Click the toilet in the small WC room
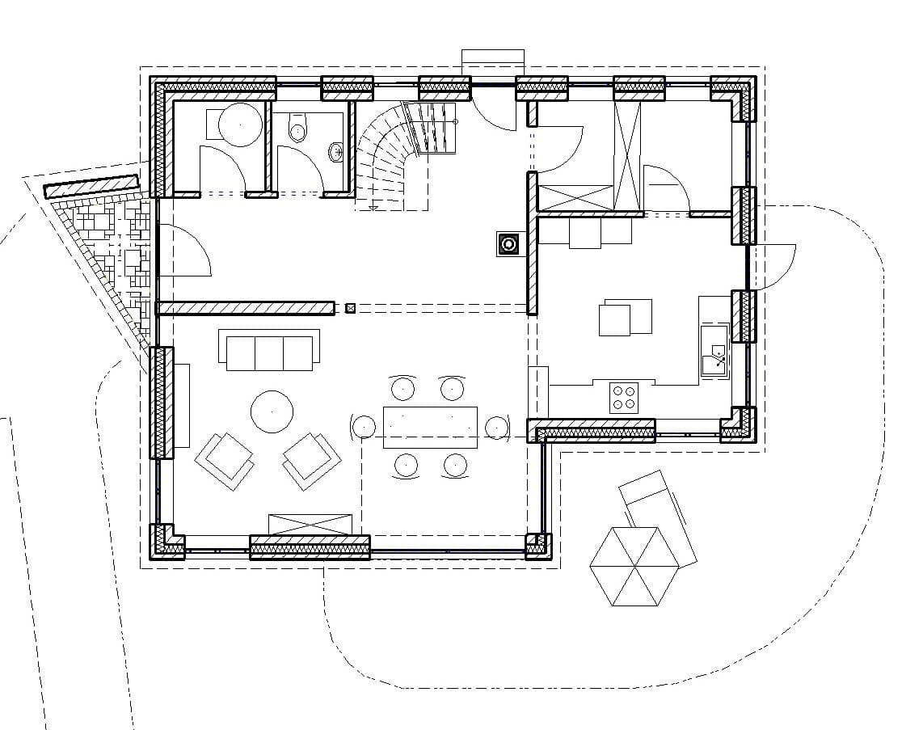coord(298,129)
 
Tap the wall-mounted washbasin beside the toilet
coord(335,151)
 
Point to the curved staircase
coord(396,154)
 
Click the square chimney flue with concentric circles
coord(508,244)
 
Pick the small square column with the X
coord(350,308)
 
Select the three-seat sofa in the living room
coord(269,351)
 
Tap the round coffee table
coord(272,411)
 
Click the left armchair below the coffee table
coord(224,461)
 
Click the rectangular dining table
coord(430,427)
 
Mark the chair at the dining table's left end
coord(365,426)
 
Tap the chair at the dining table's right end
coord(496,426)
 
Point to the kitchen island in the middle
coord(625,317)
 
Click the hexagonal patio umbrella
coord(634,566)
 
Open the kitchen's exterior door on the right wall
coord(771,263)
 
